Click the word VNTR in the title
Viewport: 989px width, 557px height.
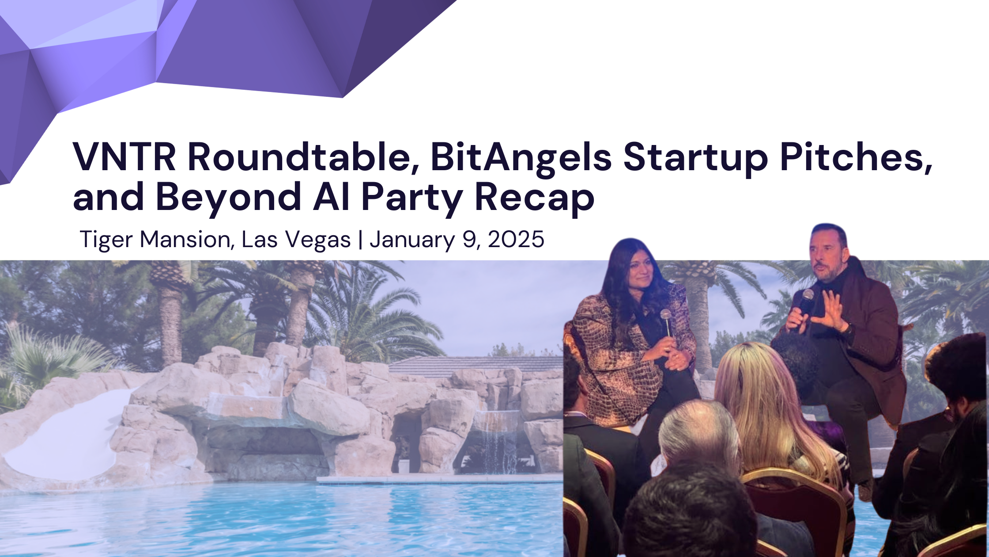click(124, 157)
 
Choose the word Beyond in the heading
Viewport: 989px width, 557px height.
click(229, 198)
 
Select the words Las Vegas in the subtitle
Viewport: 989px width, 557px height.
click(296, 240)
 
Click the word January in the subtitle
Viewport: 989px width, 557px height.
click(412, 240)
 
